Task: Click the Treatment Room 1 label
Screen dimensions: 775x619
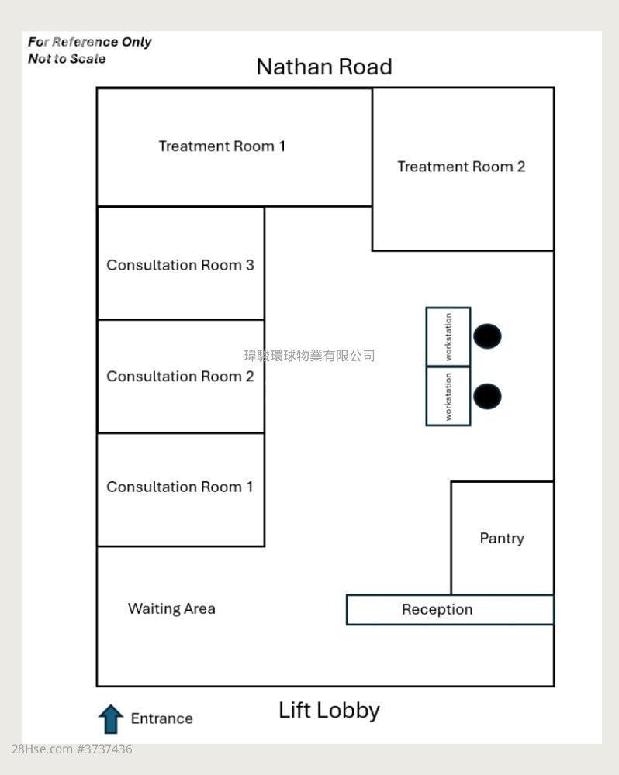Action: pyautogui.click(x=222, y=146)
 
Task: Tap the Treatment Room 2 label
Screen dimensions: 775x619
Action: pyautogui.click(x=461, y=167)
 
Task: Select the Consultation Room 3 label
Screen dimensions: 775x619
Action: pyautogui.click(x=180, y=265)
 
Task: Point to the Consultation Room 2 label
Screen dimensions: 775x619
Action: pyautogui.click(x=180, y=377)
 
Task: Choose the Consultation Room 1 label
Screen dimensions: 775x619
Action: pyautogui.click(x=180, y=487)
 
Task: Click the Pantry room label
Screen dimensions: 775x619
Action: pyautogui.click(x=502, y=538)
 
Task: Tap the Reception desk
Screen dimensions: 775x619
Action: pyautogui.click(x=437, y=610)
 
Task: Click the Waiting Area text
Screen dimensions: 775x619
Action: pyautogui.click(x=171, y=608)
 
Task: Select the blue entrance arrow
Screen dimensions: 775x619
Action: pyautogui.click(x=111, y=719)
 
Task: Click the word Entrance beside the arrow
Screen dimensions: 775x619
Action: pyautogui.click(x=161, y=718)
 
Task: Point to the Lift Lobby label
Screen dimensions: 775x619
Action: pyautogui.click(x=329, y=710)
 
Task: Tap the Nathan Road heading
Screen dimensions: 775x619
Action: pyautogui.click(x=323, y=67)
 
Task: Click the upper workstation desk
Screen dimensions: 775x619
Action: pyautogui.click(x=448, y=337)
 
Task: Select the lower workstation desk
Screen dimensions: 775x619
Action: pyautogui.click(x=448, y=396)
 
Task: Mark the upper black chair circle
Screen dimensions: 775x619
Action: pyautogui.click(x=487, y=336)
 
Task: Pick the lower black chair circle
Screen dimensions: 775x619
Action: pyautogui.click(x=487, y=396)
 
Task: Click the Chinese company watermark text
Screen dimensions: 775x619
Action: pyautogui.click(x=309, y=356)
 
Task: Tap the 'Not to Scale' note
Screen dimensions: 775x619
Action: pyautogui.click(x=67, y=59)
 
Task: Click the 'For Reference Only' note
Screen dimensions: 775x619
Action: pyautogui.click(x=89, y=42)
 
